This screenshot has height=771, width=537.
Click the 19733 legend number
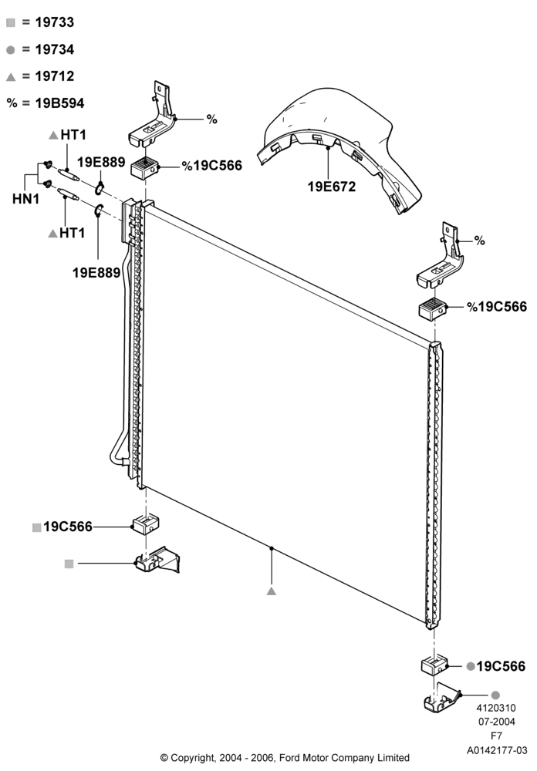(55, 22)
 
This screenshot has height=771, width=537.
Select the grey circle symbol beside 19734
(11, 50)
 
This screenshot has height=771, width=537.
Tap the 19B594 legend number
(59, 103)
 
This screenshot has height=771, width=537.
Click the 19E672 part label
(331, 187)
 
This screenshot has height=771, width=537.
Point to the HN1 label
(25, 199)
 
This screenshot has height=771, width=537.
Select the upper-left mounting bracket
(153, 116)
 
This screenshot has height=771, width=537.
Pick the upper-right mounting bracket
(441, 258)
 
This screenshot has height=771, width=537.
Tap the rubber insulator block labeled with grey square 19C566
(146, 524)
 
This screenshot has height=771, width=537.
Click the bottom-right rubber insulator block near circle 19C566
(434, 665)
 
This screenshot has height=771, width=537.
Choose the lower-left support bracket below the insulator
(157, 561)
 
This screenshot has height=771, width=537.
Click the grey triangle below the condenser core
(272, 591)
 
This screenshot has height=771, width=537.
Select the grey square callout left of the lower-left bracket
(69, 564)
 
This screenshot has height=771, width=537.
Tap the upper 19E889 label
(101, 162)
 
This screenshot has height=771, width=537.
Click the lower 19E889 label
(96, 273)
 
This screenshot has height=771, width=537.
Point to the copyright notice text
(285, 758)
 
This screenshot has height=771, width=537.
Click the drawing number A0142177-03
(497, 750)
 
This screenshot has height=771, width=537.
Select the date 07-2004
(497, 722)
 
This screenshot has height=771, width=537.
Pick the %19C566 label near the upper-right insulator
(497, 307)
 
